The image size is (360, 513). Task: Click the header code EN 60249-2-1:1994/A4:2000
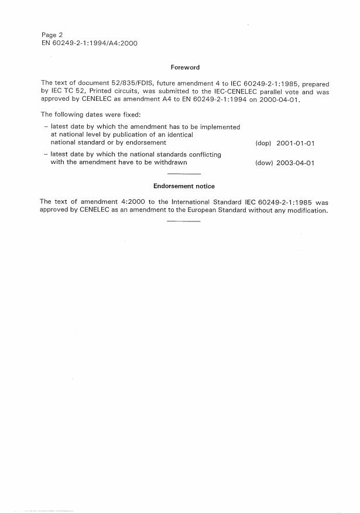click(90, 43)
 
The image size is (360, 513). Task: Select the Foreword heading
click(184, 68)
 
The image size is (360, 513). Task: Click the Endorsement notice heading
click(184, 186)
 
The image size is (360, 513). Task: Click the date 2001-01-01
click(295, 143)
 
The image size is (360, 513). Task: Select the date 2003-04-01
click(295, 163)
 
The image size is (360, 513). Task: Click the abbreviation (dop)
click(263, 143)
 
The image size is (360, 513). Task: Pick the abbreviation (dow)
click(264, 163)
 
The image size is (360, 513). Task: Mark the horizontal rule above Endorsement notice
click(184, 175)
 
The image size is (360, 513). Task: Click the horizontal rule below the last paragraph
click(184, 221)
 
